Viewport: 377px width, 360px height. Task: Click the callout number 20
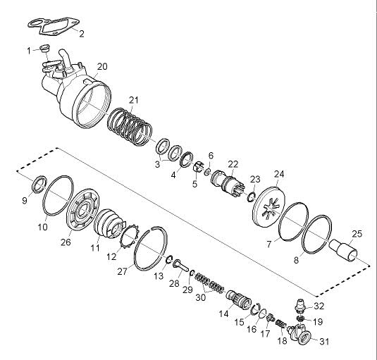coord(102,66)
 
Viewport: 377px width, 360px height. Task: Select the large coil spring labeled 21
coord(130,127)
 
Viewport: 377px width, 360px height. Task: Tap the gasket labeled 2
coord(54,26)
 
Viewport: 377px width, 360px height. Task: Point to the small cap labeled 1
coord(44,48)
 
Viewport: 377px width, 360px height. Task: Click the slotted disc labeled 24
coord(269,206)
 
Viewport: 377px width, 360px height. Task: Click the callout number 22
coord(233,164)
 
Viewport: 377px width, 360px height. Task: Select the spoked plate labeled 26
coord(82,209)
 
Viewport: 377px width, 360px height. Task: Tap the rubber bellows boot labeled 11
coord(109,223)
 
